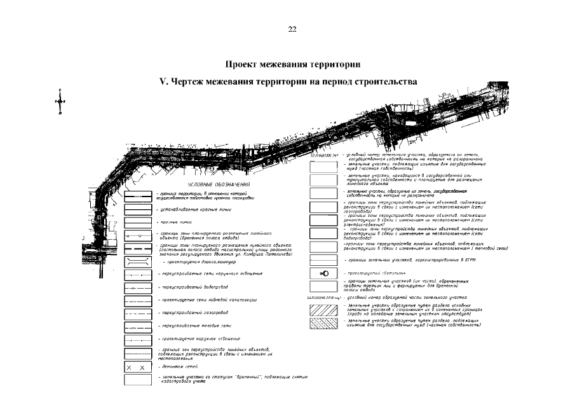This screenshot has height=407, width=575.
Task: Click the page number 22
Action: pos(292,29)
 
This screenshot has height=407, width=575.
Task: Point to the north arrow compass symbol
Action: pos(60,102)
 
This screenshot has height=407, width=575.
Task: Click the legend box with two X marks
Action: pos(137,368)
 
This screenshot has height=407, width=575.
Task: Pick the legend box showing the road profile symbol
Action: pos(137,261)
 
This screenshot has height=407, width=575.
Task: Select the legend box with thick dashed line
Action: pos(137,247)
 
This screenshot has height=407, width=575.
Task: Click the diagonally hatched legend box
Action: pos(323,310)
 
